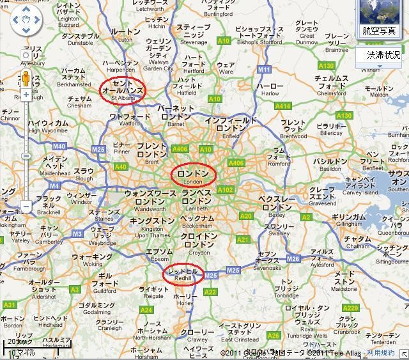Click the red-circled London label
(x=194, y=175)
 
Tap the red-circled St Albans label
(x=123, y=90)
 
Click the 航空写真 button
(x=379, y=30)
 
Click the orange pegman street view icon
(x=26, y=77)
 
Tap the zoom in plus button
(x=26, y=95)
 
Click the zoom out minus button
(x=26, y=207)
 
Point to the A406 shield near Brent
(x=180, y=150)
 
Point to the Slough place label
(x=84, y=174)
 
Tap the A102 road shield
(x=226, y=190)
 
